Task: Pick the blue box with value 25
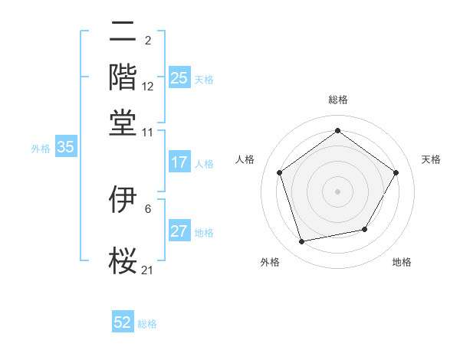click(179, 77)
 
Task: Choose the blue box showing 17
click(179, 162)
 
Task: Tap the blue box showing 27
click(179, 232)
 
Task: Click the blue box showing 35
click(65, 148)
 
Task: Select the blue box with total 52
click(123, 322)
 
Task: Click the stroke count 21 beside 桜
click(148, 270)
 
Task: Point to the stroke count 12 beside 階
click(148, 87)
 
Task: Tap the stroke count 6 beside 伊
click(148, 208)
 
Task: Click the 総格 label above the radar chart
click(337, 100)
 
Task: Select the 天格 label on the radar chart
click(431, 159)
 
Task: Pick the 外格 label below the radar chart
click(270, 262)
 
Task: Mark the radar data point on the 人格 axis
click(279, 172)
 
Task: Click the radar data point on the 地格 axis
click(365, 229)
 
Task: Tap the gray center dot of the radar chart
click(337, 191)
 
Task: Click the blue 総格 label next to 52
click(147, 324)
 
